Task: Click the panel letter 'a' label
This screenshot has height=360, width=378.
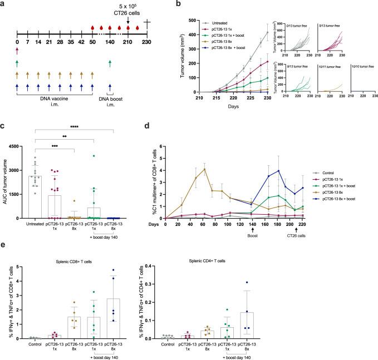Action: (3, 4)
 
